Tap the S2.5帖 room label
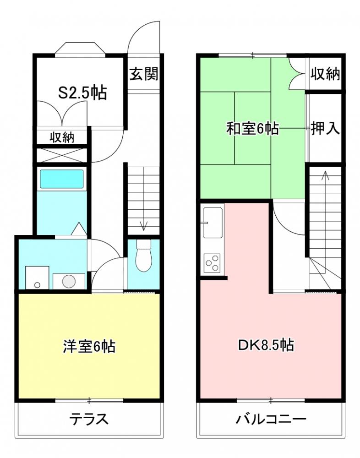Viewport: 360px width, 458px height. [83, 93]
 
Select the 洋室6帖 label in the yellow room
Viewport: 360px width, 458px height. [89, 346]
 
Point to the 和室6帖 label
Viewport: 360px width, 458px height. [252, 128]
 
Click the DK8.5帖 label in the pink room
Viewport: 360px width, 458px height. [266, 345]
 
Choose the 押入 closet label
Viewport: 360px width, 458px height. [325, 128]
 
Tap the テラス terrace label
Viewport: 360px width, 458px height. [88, 420]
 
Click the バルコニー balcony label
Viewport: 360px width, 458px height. [271, 420]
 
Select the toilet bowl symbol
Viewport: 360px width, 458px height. [143, 255]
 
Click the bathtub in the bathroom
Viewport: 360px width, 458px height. [62, 179]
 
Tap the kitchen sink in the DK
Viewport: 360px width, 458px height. [213, 223]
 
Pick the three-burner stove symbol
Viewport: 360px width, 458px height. [212, 263]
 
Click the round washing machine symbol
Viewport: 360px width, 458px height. [69, 281]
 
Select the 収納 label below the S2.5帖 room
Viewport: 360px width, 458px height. [62, 137]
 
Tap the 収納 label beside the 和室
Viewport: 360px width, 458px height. [325, 74]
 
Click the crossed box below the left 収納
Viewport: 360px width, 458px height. [62, 155]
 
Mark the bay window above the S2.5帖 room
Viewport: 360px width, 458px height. [80, 49]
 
